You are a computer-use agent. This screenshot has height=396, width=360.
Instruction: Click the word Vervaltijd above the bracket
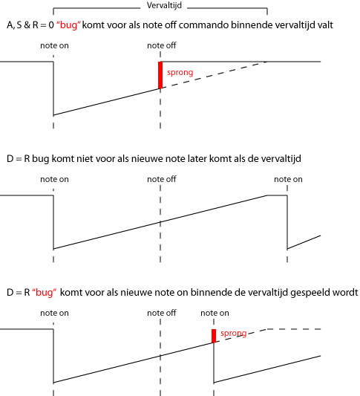pos(164,5)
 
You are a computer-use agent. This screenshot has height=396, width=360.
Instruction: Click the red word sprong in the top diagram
pos(180,73)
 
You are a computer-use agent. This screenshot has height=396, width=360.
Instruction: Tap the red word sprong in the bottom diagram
pos(233,334)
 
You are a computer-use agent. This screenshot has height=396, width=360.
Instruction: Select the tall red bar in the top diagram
pos(160,75)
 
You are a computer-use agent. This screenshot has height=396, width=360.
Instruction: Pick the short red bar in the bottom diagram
pos(214,336)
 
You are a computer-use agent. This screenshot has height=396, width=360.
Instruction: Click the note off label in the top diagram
pos(162,46)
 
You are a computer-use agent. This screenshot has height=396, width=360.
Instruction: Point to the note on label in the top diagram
pos(54,46)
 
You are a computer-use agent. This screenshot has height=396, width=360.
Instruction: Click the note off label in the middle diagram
pos(162,179)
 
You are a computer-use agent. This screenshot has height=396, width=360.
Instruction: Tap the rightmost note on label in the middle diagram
pos(288,179)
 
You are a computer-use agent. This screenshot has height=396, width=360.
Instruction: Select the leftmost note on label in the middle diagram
pos(54,179)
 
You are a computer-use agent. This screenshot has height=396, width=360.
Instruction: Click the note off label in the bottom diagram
pos(162,314)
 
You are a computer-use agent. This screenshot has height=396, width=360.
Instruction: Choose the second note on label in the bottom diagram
pos(215,314)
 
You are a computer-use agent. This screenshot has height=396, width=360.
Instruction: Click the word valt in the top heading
pos(325,25)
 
